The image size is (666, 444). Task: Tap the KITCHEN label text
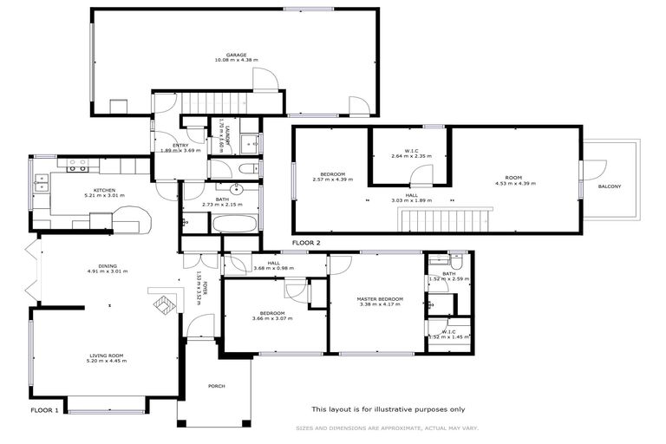pos(104,190)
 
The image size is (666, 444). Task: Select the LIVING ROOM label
pos(108,355)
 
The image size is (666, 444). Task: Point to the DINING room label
pos(108,266)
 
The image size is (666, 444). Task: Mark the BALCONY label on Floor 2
pos(609,186)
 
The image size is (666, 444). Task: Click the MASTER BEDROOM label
pos(375,299)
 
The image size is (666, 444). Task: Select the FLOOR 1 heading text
pos(44,409)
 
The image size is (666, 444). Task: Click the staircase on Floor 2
pos(445,220)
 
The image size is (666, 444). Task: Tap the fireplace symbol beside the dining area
pos(161,304)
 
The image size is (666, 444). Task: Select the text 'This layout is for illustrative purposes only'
pos(388,409)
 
